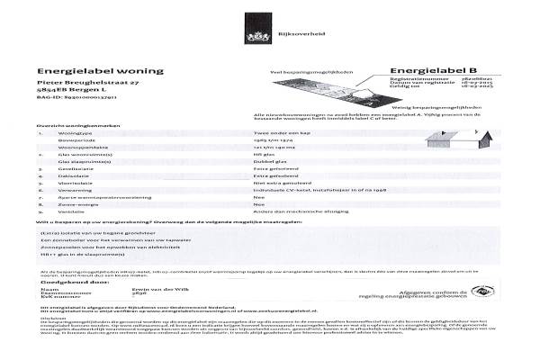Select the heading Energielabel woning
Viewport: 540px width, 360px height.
(101, 70)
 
